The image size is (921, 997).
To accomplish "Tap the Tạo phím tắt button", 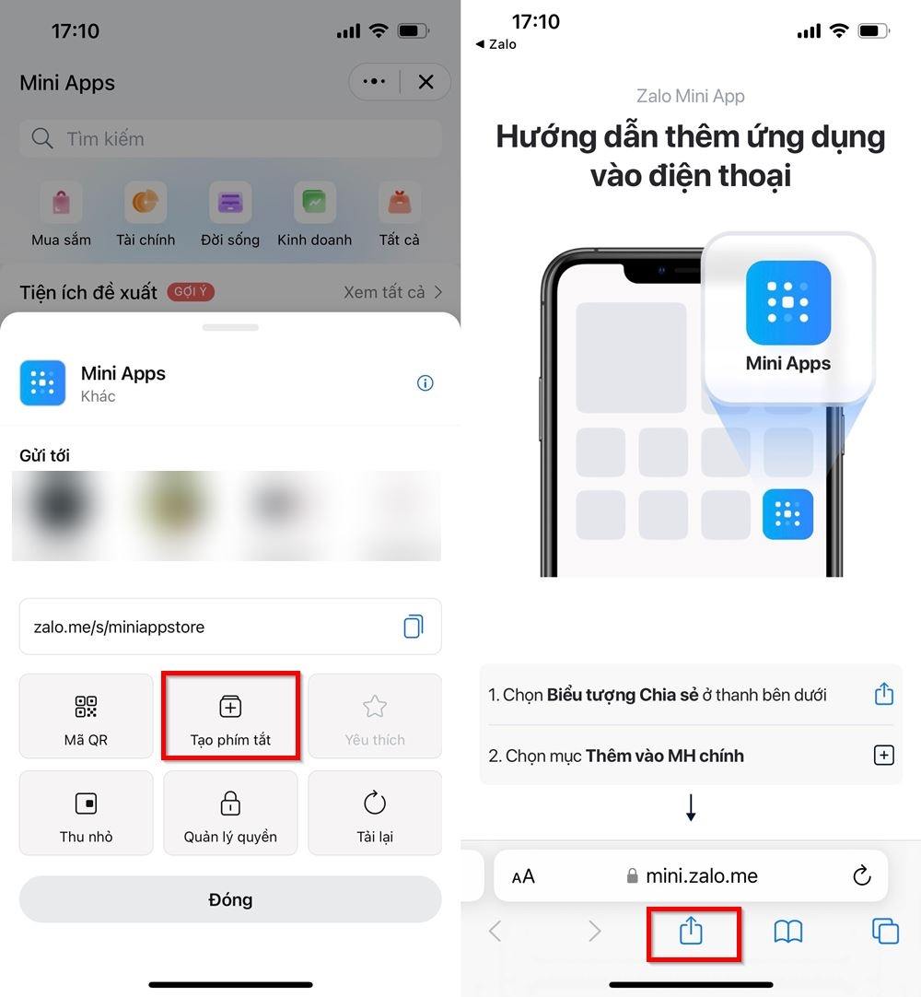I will pos(230,717).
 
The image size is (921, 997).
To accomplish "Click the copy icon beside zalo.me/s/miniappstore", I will pos(414,627).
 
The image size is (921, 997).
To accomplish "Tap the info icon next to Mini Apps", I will pos(425,383).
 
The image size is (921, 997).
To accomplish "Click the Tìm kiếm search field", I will pos(230,139).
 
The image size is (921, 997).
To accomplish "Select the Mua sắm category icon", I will pos(61,202).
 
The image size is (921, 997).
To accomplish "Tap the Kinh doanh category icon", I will pos(314,202).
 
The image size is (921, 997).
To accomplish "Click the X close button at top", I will pos(426,82).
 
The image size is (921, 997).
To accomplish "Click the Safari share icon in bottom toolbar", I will pos(691,932).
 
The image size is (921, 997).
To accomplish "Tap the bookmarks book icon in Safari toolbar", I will pos(788,932).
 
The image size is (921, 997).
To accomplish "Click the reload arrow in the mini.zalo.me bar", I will pos(862,875).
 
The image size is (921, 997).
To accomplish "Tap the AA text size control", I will pos(523,876).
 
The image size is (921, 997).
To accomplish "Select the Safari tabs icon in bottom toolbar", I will pos(885,932).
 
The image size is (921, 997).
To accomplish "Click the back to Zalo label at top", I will pos(496,44).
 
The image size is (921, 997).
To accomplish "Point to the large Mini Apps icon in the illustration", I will pos(788,303).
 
